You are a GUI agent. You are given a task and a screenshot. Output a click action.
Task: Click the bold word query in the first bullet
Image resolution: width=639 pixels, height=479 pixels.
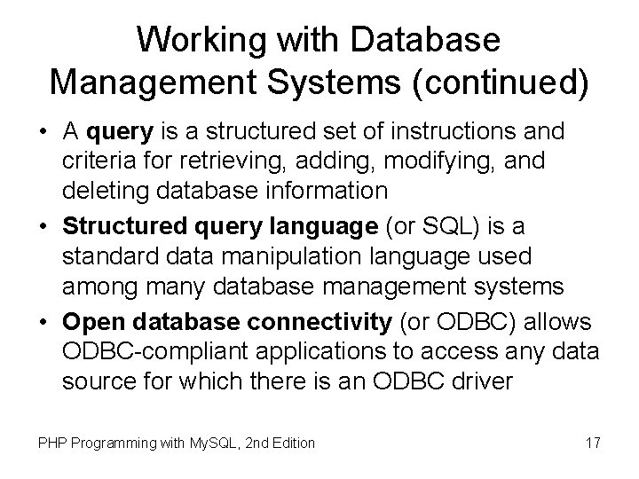pyautogui.click(x=122, y=133)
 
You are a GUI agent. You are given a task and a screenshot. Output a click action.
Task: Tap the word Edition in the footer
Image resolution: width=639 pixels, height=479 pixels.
pyautogui.click(x=289, y=443)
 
